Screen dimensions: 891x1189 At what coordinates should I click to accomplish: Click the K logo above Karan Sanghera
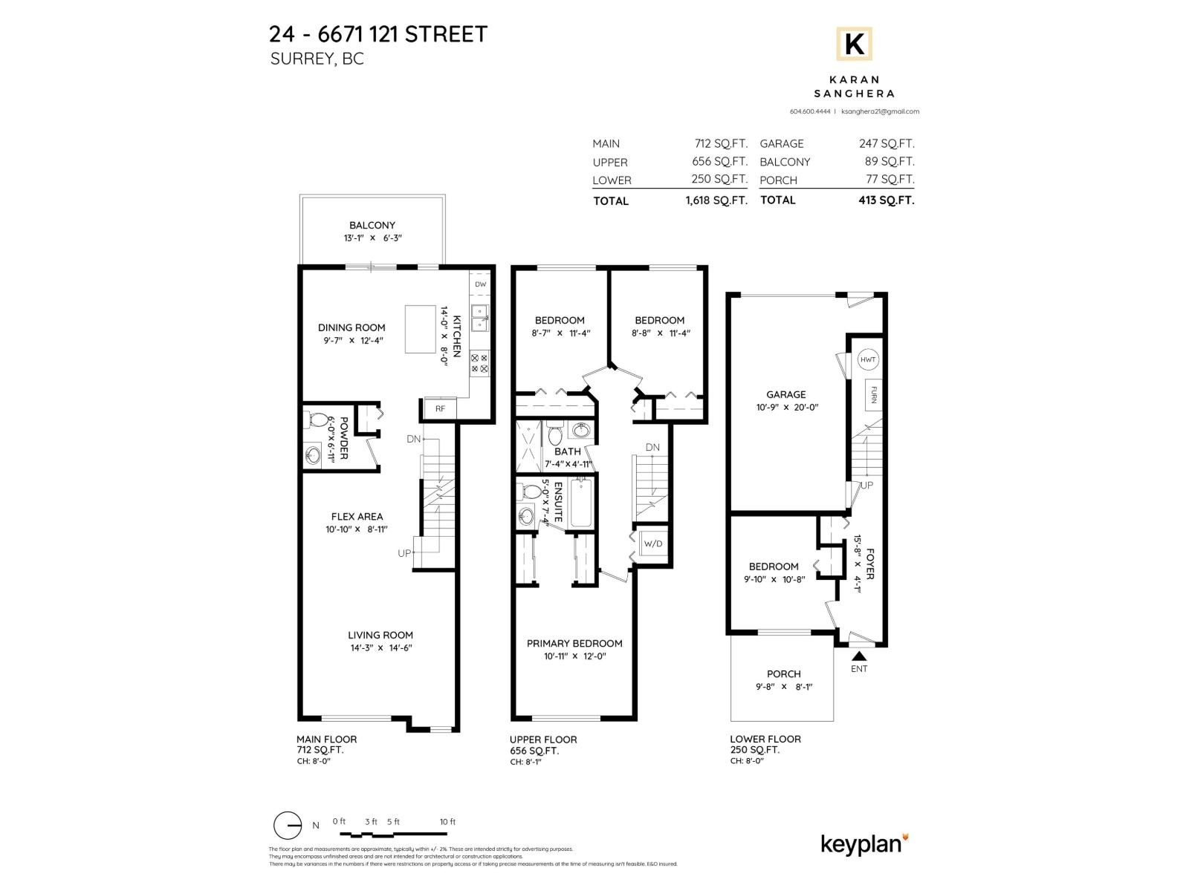854,45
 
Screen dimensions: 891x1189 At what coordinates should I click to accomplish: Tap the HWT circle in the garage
868,360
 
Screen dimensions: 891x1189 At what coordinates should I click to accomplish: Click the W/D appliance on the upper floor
652,544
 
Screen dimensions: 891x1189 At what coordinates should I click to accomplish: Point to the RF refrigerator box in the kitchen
440,408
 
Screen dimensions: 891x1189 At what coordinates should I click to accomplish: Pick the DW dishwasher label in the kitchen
480,284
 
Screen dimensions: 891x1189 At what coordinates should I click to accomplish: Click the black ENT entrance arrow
859,656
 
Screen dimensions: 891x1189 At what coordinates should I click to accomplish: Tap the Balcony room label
372,225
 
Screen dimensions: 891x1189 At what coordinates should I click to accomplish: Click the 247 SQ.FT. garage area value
887,144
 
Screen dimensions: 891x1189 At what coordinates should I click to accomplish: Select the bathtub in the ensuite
580,504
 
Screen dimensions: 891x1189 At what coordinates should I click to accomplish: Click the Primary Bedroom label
574,643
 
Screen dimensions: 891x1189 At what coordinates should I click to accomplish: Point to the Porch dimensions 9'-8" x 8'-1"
783,687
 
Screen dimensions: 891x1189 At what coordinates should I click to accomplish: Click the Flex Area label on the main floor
357,517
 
